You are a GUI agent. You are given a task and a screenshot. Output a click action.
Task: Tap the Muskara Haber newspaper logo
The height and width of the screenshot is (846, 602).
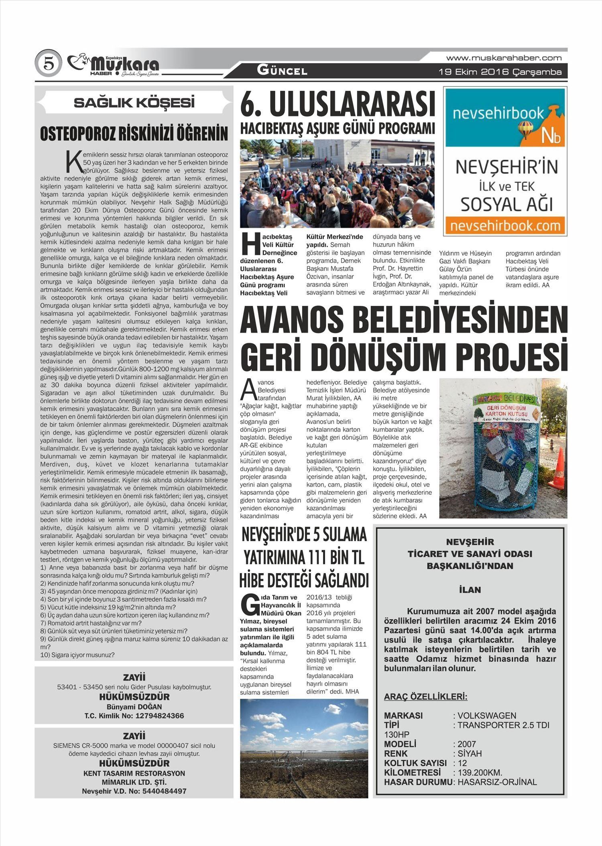point(114,65)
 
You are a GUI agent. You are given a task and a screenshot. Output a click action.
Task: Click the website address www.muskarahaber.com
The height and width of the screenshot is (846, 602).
point(504,58)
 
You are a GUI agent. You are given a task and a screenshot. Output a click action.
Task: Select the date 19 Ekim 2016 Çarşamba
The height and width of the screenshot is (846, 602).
point(500,72)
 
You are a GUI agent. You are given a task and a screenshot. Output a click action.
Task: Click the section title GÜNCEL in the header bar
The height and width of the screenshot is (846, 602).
point(282,71)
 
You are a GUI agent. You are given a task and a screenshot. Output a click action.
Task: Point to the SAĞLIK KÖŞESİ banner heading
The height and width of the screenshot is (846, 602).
point(134,103)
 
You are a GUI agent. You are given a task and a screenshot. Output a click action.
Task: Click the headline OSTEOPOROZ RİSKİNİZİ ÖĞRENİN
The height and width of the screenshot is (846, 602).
point(134,134)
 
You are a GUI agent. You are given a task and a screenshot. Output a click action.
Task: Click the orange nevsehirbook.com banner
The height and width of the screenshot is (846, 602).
point(505,226)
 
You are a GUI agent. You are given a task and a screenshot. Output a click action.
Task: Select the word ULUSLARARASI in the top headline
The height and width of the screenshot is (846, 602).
point(352,104)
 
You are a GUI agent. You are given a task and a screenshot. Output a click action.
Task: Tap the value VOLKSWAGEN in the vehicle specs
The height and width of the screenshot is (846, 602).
point(487,716)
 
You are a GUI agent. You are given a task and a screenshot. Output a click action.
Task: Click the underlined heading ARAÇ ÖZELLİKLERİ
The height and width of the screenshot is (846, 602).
point(426,697)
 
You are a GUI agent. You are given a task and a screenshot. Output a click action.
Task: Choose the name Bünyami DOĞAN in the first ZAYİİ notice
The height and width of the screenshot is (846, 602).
point(134,707)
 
